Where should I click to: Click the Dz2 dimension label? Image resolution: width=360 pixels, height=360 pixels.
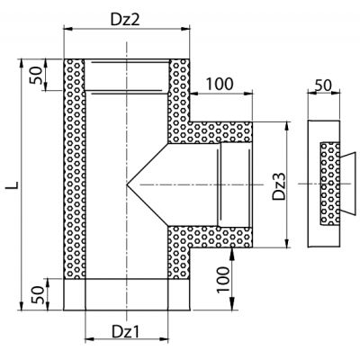125,20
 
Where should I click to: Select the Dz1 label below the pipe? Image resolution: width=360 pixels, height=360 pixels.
126,331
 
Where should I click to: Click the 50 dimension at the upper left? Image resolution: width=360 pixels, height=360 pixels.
36,75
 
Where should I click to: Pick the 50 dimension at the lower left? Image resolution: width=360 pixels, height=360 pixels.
38,294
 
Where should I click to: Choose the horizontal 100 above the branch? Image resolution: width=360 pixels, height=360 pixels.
220,84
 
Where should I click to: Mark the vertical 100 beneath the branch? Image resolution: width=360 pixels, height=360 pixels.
223,279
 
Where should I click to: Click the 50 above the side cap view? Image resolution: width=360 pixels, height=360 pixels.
323,85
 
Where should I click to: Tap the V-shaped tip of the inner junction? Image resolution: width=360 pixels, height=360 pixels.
127,184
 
